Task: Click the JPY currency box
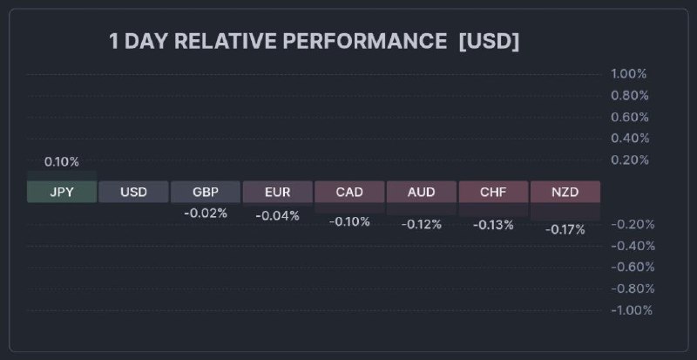click(62, 192)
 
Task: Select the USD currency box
click(133, 192)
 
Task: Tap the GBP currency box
click(206, 192)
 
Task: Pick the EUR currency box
click(277, 192)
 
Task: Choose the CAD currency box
click(349, 192)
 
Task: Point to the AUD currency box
click(421, 192)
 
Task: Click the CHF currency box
click(493, 192)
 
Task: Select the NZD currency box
click(565, 192)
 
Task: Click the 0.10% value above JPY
click(62, 162)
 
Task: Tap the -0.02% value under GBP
click(206, 214)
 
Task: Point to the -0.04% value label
click(277, 216)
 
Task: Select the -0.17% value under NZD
click(565, 229)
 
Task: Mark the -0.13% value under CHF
click(493, 225)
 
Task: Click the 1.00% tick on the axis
click(630, 74)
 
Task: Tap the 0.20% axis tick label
click(630, 160)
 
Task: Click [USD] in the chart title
click(489, 42)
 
